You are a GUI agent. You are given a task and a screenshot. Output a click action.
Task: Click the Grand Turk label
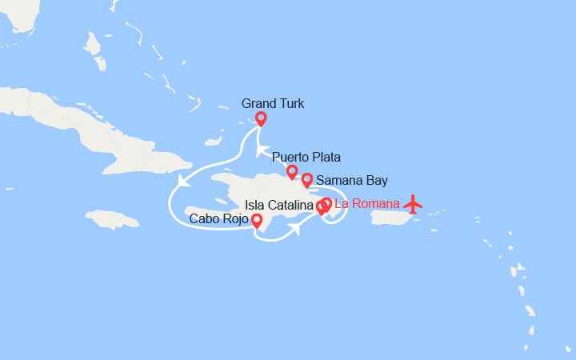[272, 104]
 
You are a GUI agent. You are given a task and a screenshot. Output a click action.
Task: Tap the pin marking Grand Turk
[261, 119]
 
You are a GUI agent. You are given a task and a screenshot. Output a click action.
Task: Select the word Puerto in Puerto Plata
[290, 156]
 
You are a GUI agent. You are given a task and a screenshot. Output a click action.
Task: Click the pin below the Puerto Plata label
[292, 171]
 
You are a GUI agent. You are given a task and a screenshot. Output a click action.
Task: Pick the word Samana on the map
[339, 180]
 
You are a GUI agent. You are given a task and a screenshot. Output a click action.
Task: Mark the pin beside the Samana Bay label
[306, 179]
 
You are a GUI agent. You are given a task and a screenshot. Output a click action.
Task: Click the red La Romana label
[366, 203]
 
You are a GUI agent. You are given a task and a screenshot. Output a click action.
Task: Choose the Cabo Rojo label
[218, 218]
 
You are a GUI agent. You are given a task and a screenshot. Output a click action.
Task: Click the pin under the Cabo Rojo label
[256, 221]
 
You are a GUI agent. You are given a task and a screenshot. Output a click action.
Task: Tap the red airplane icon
[413, 204]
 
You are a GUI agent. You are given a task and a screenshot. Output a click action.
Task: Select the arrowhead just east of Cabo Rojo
[294, 230]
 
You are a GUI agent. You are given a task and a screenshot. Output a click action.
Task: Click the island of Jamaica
[112, 218]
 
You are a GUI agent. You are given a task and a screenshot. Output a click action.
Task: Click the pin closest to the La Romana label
[326, 204]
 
